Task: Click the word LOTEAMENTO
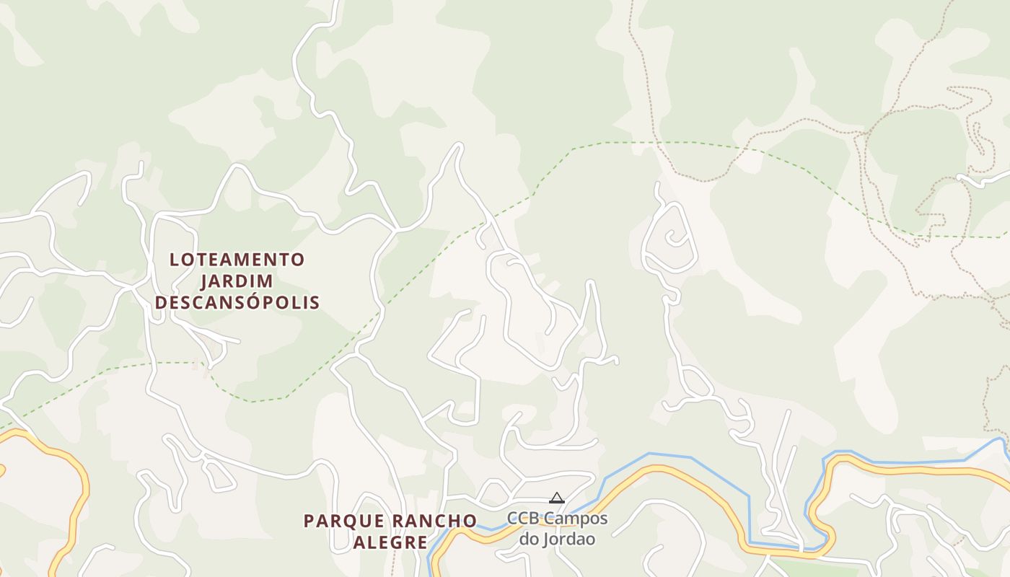pyautogui.click(x=237, y=260)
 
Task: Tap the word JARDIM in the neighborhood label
pyautogui.click(x=237, y=281)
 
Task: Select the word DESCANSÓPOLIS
pyautogui.click(x=237, y=302)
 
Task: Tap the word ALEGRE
pyautogui.click(x=390, y=542)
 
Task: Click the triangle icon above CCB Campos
pyautogui.click(x=556, y=498)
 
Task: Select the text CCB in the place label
pyautogui.click(x=522, y=519)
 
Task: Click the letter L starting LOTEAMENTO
pyautogui.click(x=174, y=260)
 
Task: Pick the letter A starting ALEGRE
pyautogui.click(x=359, y=542)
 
